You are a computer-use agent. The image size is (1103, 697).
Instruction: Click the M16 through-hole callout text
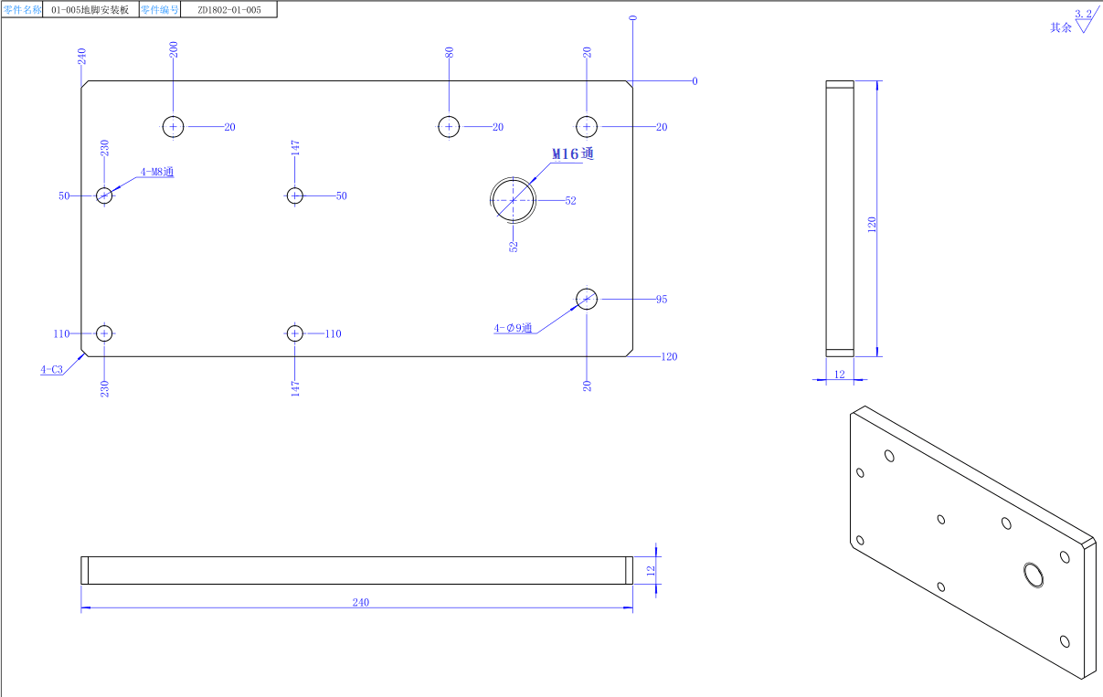(572, 154)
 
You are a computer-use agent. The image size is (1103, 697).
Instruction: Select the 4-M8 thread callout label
(156, 172)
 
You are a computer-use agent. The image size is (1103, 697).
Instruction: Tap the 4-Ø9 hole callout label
(514, 328)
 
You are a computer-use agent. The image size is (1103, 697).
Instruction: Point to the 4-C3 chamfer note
(52, 370)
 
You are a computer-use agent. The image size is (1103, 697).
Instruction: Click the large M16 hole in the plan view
(513, 199)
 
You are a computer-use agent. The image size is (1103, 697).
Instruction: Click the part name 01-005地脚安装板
(90, 10)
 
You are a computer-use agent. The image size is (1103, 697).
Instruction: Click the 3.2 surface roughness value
(1083, 14)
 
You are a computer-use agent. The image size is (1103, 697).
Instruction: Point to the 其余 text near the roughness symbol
(1060, 27)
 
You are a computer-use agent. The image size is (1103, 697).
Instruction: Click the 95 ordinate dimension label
(661, 300)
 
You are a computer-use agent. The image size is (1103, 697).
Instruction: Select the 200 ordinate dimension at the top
(174, 49)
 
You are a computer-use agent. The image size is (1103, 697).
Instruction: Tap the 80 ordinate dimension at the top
(449, 53)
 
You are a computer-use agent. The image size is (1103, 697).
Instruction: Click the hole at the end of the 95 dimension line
(587, 299)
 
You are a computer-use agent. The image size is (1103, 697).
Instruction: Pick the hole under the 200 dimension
(174, 126)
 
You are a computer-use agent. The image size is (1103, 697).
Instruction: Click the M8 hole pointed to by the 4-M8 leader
(104, 195)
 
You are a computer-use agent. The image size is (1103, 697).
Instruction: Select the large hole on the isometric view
(1034, 574)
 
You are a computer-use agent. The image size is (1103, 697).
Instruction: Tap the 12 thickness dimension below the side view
(838, 375)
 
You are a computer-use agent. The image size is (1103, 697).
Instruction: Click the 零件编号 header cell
(159, 10)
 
